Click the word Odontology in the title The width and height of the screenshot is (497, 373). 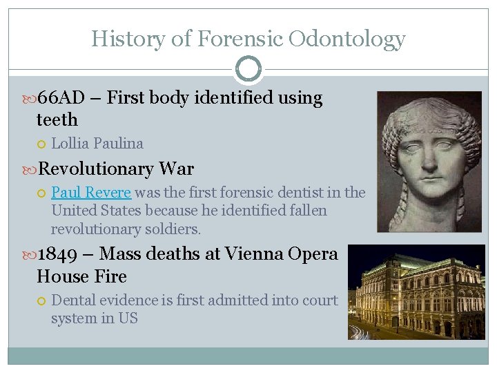tap(347, 39)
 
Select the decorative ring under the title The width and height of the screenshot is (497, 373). tap(248, 69)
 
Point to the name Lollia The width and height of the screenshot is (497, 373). tap(70, 144)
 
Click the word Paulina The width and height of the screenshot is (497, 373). tap(118, 144)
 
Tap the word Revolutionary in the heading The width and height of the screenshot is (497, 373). tap(96, 169)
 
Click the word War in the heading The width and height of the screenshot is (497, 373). tap(177, 169)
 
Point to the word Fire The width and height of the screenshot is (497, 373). tap(111, 276)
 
